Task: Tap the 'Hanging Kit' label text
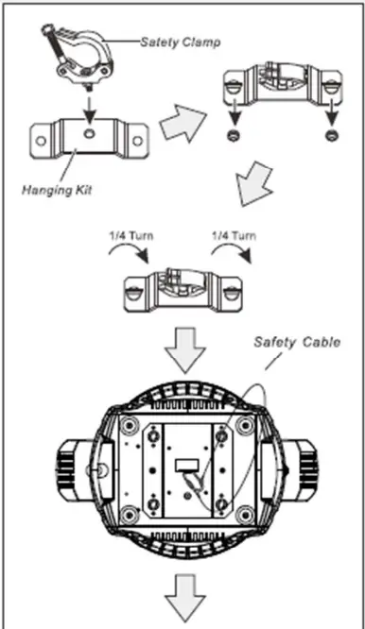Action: [x=57, y=188]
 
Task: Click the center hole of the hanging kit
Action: [x=86, y=136]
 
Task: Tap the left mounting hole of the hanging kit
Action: [x=41, y=142]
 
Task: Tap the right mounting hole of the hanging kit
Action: [x=135, y=142]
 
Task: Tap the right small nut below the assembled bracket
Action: [x=330, y=138]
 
